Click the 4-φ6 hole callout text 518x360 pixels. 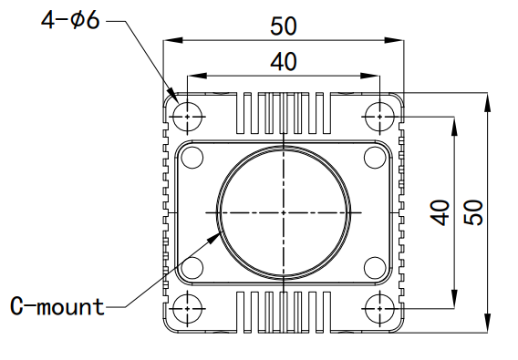(70, 20)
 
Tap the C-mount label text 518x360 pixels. (57, 306)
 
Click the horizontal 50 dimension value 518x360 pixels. (284, 26)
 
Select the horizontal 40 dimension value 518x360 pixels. (284, 61)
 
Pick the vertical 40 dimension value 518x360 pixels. (440, 213)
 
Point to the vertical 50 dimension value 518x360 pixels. (473, 213)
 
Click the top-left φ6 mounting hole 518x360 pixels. (187, 117)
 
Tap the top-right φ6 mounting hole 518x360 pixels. (379, 117)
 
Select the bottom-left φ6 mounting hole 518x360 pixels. (187, 309)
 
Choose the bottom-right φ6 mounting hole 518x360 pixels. (379, 309)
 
